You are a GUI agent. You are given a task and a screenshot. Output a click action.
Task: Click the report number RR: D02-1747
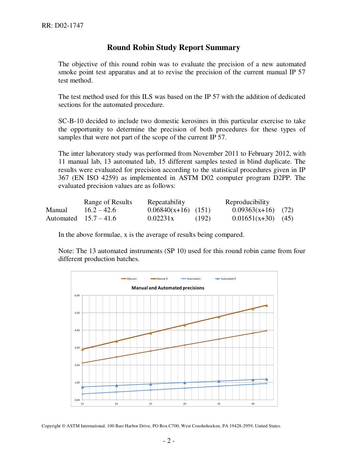pos(63,26)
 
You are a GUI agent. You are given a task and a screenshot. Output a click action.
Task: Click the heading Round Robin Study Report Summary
pos(174,47)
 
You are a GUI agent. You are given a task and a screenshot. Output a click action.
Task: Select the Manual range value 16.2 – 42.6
pos(100,210)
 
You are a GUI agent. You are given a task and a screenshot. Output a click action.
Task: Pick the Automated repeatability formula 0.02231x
pos(161,218)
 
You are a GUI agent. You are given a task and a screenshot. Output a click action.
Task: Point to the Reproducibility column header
pos(247,202)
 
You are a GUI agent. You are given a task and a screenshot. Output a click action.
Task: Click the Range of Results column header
pos(108,202)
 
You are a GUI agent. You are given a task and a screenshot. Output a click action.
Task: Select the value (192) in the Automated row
pos(203,218)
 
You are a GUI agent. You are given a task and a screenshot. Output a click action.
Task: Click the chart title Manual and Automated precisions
pos(167,288)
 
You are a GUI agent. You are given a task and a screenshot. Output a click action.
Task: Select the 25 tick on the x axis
pos(150,404)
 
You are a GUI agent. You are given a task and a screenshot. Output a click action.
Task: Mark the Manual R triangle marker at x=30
pos(185,325)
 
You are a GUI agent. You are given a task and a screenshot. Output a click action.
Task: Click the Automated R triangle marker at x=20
pos(117,385)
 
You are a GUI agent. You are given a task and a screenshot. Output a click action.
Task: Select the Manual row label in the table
pos(56,210)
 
